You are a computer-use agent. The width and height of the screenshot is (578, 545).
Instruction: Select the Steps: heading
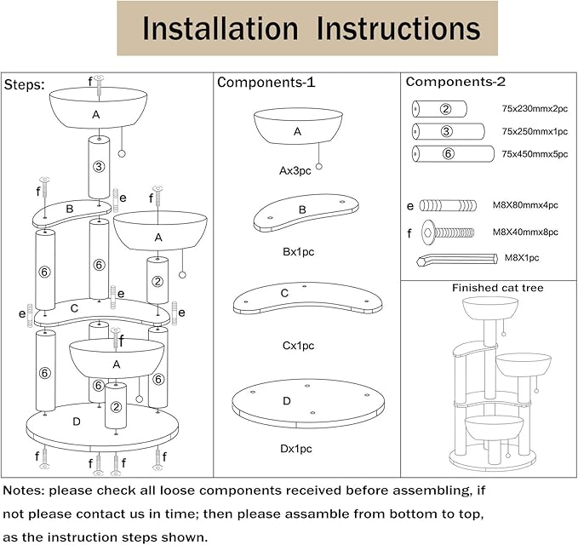tap(25, 85)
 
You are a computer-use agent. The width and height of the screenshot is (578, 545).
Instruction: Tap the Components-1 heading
tap(266, 83)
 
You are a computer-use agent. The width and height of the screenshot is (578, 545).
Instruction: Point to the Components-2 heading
tap(455, 82)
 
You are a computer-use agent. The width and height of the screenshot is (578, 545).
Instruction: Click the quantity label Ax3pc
tap(296, 170)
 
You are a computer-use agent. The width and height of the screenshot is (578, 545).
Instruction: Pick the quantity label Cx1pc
tap(298, 346)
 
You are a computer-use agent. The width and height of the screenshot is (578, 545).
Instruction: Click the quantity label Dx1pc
tap(296, 448)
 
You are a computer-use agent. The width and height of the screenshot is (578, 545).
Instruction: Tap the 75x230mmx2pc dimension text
tap(533, 109)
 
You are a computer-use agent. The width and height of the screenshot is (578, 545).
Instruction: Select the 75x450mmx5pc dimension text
tap(533, 154)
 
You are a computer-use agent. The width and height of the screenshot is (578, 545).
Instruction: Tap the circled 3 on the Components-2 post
tap(446, 131)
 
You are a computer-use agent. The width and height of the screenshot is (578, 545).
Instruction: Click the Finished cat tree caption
tap(497, 288)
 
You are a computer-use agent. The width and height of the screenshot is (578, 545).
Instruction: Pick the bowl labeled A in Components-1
tap(297, 129)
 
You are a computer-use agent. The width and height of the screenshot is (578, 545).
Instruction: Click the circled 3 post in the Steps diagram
tap(100, 166)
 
